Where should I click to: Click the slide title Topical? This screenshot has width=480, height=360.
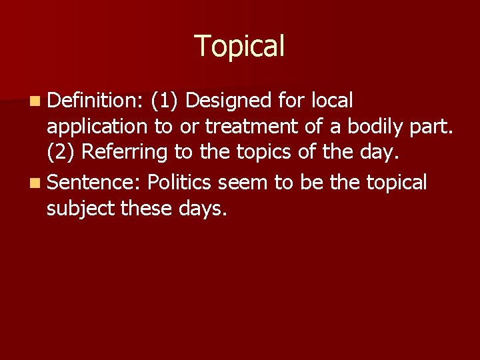pyautogui.click(x=240, y=46)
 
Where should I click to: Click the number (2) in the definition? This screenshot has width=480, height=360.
pyautogui.click(x=61, y=153)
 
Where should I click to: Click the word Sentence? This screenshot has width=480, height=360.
pyautogui.click(x=95, y=182)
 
